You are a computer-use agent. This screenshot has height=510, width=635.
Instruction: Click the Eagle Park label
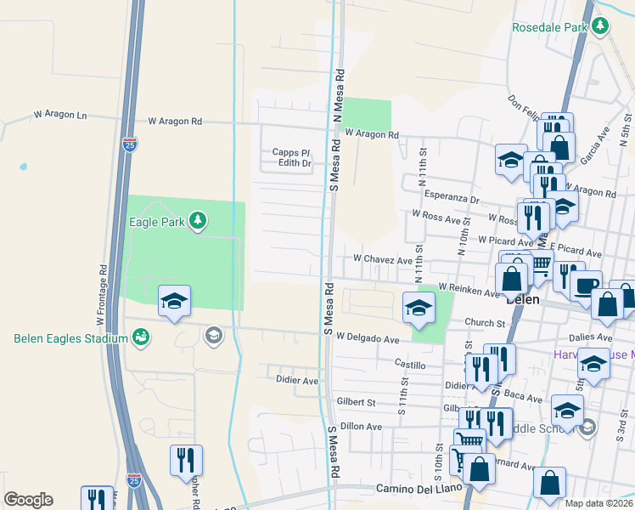point(157,222)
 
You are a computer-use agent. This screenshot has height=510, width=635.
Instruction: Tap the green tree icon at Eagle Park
point(198,222)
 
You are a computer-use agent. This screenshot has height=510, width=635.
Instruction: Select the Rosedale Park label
point(549,27)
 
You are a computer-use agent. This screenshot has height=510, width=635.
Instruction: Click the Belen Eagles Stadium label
point(70,338)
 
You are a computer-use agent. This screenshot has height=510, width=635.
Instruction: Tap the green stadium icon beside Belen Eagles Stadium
point(141,338)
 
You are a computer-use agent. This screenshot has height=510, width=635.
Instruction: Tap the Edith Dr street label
point(295,163)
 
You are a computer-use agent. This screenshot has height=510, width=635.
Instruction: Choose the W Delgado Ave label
point(367,338)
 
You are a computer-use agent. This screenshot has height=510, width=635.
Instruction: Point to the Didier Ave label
point(297,382)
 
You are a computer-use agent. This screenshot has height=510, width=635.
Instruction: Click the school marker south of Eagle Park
point(175,301)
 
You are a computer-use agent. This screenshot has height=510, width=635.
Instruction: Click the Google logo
point(28,500)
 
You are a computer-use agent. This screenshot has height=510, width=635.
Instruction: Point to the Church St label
point(485,323)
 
